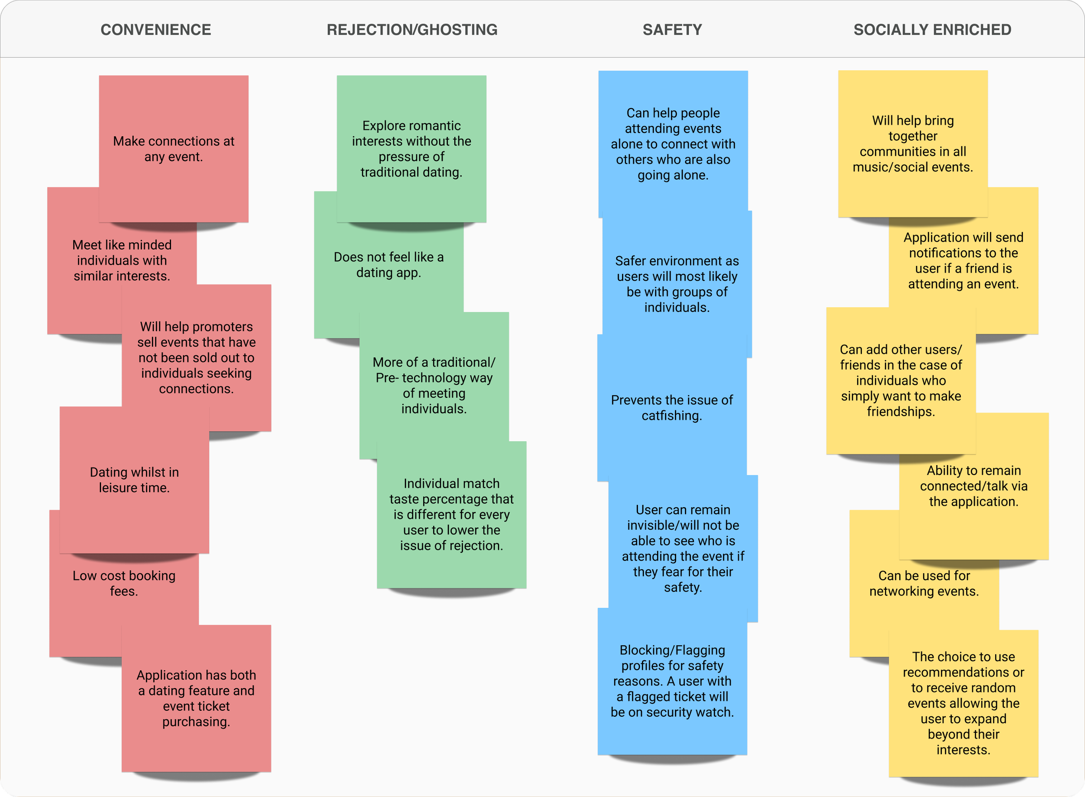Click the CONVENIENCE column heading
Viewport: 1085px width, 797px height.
[155, 30]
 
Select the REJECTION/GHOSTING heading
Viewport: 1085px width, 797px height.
[412, 30]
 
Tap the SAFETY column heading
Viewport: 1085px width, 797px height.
[672, 30]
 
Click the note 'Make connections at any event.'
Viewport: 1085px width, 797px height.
[174, 148]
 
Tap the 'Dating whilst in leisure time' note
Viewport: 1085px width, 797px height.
[134, 479]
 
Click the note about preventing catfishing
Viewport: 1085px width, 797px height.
[672, 408]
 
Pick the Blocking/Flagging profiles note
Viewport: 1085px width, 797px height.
[672, 681]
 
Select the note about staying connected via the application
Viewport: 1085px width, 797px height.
[974, 486]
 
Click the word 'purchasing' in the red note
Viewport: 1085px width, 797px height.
[196, 722]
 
